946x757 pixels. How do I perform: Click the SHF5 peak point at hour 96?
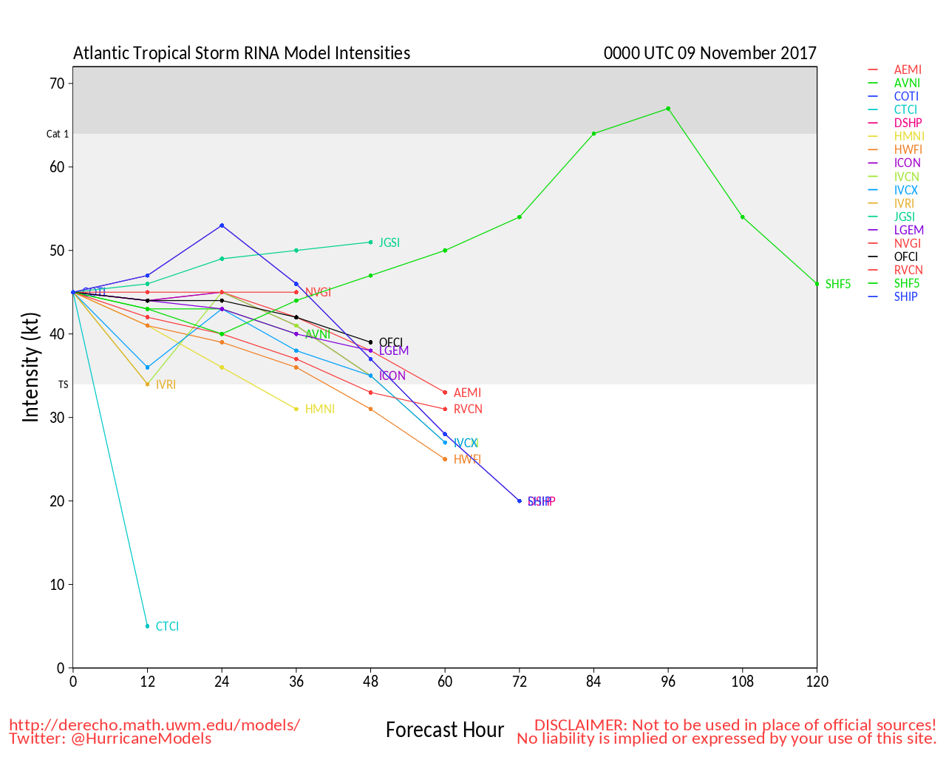coord(668,109)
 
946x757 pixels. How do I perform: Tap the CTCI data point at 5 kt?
coord(147,626)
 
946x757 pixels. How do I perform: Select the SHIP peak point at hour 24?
coord(222,225)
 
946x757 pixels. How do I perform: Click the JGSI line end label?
coord(389,242)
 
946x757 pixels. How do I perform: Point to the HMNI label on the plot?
coord(319,409)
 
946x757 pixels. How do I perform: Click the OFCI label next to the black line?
coord(391,342)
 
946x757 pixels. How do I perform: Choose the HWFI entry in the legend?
coord(908,149)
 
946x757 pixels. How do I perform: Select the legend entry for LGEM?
coord(908,230)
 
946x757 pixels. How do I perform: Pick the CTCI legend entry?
coord(905,109)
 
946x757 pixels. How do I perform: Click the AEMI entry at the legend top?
coord(908,69)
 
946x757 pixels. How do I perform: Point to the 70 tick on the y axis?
coord(57,84)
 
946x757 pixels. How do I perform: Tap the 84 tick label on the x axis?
coord(593,682)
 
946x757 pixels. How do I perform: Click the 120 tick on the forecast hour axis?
coord(817,682)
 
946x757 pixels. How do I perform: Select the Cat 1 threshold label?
coord(58,134)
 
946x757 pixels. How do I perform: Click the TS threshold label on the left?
coord(63,384)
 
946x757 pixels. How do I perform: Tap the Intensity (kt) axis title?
coord(30,367)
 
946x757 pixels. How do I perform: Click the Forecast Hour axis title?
coord(445,730)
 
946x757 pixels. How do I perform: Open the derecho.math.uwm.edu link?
coord(154,724)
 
